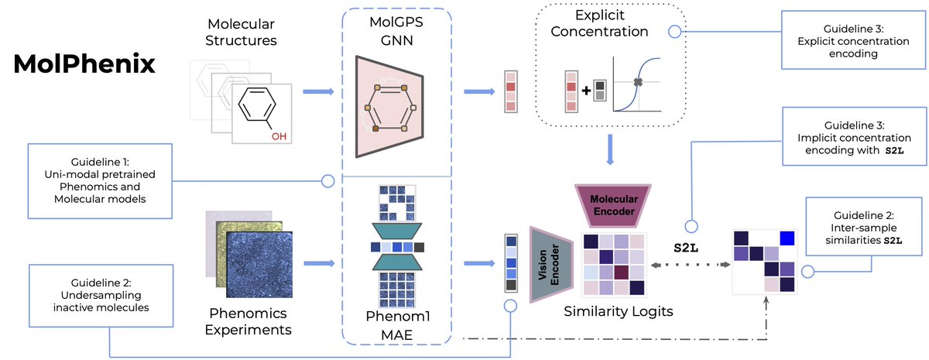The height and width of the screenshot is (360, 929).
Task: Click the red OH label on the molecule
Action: (x=278, y=136)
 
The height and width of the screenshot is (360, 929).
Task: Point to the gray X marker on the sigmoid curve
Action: (x=637, y=82)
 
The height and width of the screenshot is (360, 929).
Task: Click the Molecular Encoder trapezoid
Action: (x=612, y=203)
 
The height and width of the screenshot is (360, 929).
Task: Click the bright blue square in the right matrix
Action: (x=787, y=238)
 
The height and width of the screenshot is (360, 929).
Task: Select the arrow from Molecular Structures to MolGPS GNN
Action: (x=317, y=92)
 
